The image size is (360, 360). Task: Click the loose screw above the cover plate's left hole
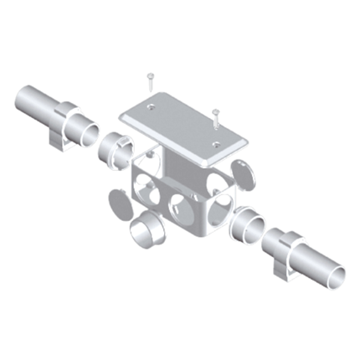pos(148,81)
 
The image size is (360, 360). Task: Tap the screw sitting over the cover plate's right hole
pos(216,116)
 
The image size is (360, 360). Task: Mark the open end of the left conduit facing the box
pos(83,129)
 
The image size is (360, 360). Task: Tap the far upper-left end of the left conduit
pos(23,100)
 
